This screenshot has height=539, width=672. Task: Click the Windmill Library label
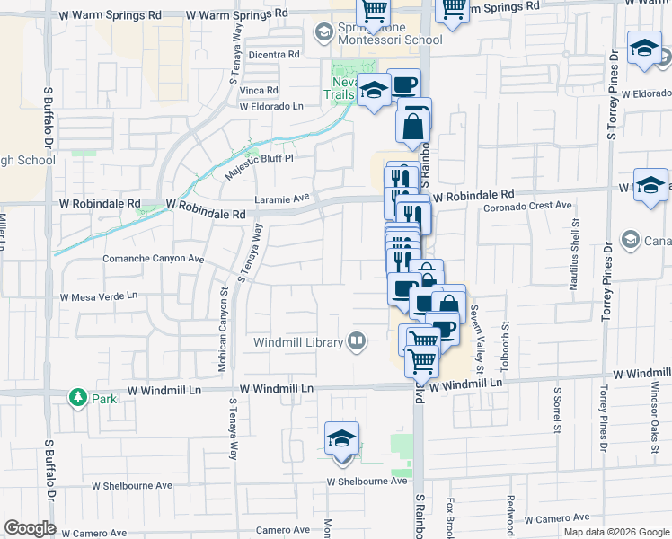[x=297, y=342]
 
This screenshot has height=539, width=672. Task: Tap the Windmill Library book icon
[x=357, y=340]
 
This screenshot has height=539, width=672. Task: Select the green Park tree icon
[x=78, y=396]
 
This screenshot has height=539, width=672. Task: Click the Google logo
[x=30, y=528]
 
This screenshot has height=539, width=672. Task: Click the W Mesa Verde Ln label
[x=98, y=296]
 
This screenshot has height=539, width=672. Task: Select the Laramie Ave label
[x=281, y=197]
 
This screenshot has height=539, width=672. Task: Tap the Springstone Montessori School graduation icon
[x=323, y=32]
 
